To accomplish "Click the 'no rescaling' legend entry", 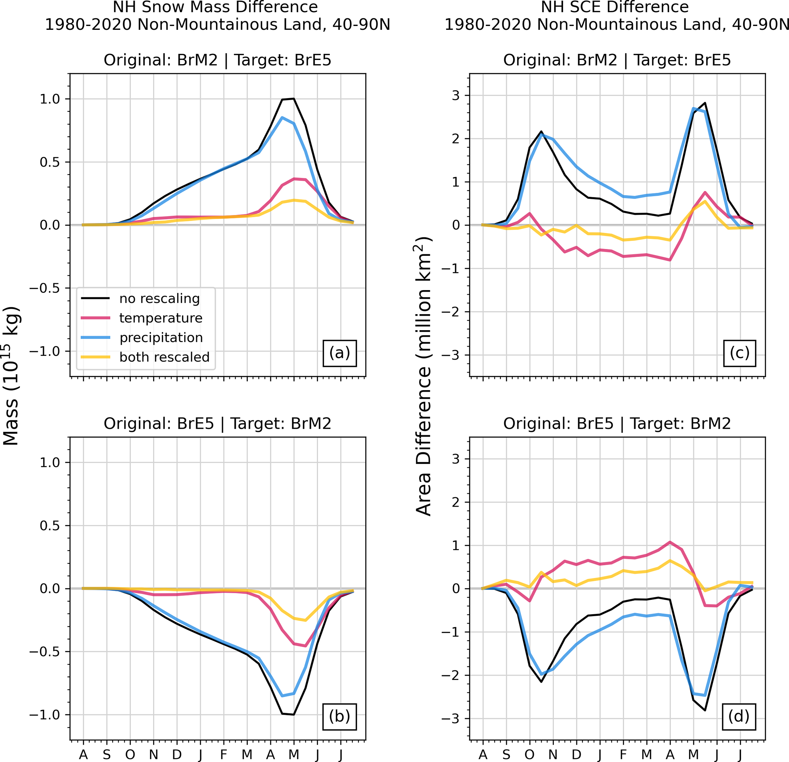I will [160, 299].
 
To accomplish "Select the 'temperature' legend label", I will [161, 318].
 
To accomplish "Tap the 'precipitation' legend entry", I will [161, 337].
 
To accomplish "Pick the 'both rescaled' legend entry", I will [164, 357].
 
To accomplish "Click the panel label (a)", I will [339, 353].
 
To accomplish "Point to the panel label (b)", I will [339, 717].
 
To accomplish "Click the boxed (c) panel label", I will [739, 353].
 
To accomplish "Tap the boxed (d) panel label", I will [739, 717].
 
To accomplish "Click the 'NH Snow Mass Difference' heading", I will [215, 7].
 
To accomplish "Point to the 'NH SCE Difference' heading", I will [615, 7].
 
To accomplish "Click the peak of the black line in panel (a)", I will [294, 98].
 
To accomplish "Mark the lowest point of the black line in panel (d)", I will [705, 710].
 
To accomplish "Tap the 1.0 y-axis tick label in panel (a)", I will [50, 99].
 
